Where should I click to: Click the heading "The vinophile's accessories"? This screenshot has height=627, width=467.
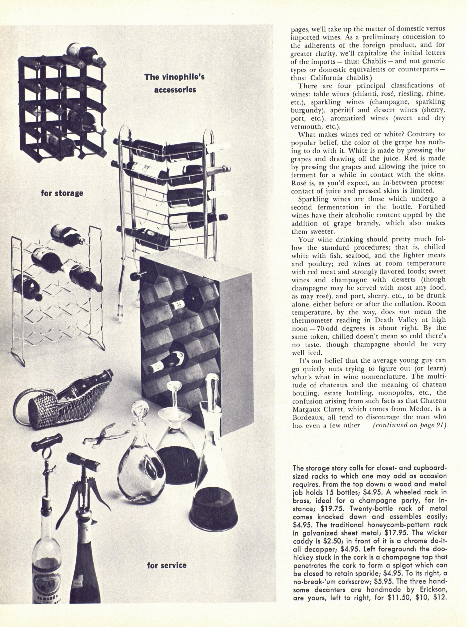pyautogui.click(x=174, y=83)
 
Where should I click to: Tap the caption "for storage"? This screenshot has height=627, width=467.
pyautogui.click(x=62, y=193)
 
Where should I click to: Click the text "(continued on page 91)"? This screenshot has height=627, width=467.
pyautogui.click(x=409, y=425)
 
